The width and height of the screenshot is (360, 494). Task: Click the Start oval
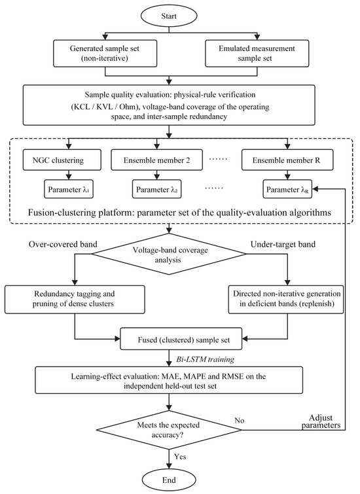169,16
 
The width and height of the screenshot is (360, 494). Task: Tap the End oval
169,480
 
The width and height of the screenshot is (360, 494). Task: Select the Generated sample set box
105,53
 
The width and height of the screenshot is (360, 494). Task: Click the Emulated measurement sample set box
257,53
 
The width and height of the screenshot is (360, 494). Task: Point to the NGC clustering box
62,160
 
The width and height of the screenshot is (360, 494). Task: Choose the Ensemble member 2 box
156,160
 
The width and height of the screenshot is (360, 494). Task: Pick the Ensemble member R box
287,160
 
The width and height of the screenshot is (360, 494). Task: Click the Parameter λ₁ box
69,189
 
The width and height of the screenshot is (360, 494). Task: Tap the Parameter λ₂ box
156,189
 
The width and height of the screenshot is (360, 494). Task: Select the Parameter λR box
287,189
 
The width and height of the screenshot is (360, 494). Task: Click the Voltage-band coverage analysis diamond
170,254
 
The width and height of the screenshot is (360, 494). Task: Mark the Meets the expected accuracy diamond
169,430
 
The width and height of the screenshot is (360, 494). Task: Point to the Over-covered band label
63,245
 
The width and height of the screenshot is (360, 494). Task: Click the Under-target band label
283,245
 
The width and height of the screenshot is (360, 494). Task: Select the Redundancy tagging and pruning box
75,299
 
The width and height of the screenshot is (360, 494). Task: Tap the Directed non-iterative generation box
286,299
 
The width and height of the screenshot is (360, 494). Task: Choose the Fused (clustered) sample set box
181,339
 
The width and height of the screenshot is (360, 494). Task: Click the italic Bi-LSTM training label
206,359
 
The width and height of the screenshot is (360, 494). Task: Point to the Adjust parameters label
321,421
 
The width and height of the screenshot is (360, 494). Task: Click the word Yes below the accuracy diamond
180,457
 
